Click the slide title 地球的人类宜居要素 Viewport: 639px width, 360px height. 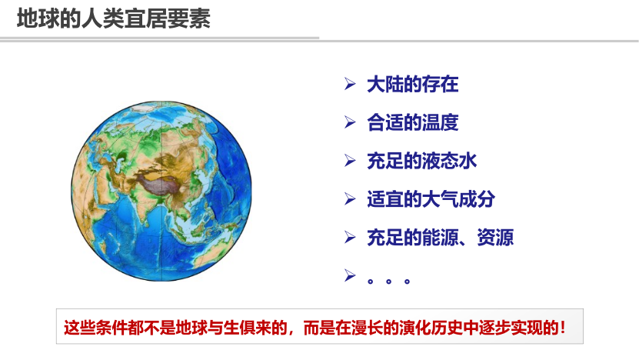113,19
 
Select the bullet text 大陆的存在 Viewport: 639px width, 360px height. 412,85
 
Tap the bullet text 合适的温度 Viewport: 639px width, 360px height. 412,122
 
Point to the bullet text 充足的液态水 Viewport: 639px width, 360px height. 422,161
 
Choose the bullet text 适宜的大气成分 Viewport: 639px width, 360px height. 431,199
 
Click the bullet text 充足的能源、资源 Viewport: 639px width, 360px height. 440,237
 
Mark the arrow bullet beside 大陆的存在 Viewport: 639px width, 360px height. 350,84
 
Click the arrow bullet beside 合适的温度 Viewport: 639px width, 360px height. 350,122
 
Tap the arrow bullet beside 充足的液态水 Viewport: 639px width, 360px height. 350,160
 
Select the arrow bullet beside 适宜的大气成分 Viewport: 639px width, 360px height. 350,198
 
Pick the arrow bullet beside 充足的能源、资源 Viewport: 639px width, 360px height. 350,237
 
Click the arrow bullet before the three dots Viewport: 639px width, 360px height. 350,275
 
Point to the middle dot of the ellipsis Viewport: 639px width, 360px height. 388,282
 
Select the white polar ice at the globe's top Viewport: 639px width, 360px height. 146,108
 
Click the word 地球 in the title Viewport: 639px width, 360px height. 38,19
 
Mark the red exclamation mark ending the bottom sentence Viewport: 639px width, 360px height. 564,328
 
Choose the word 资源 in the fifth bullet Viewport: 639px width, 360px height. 495,237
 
